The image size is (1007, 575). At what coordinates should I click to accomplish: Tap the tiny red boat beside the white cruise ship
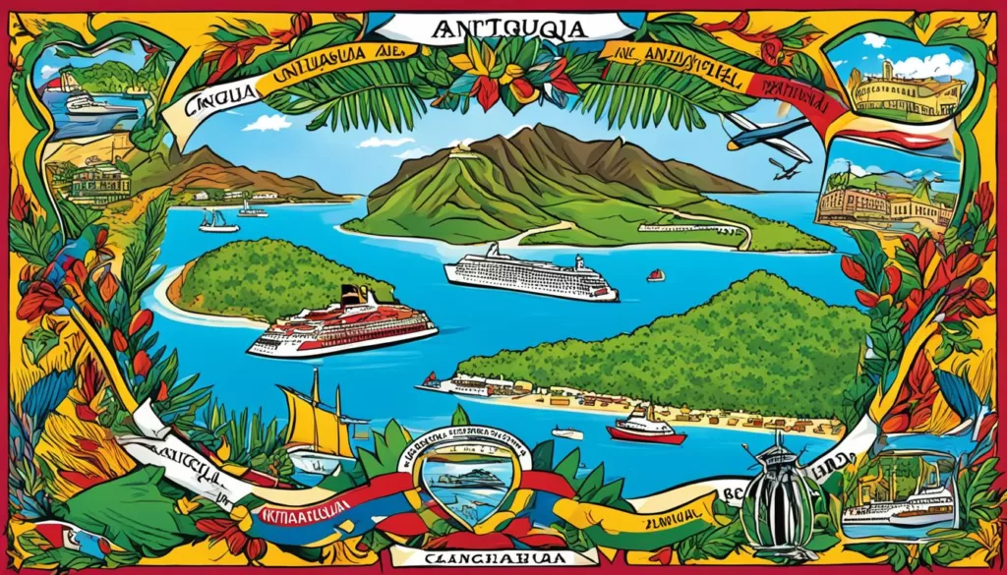[655, 275]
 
